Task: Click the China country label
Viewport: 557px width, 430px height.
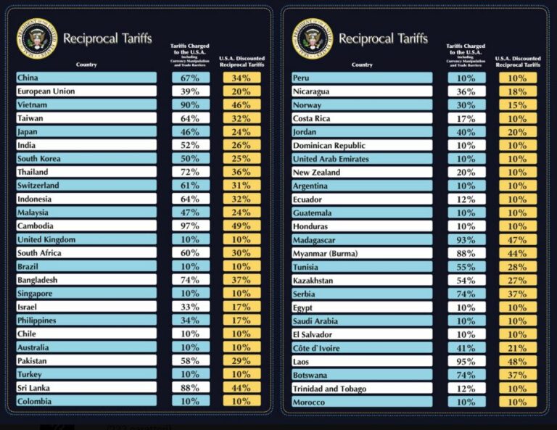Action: click(28, 78)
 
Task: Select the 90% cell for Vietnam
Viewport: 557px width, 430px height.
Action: click(191, 105)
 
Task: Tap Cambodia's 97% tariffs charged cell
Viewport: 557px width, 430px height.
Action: click(191, 226)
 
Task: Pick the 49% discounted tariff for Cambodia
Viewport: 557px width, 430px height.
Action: click(242, 226)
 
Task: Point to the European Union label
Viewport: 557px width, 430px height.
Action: click(46, 91)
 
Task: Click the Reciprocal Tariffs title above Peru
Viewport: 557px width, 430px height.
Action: click(383, 38)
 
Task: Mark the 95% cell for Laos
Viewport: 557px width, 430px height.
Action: click(466, 361)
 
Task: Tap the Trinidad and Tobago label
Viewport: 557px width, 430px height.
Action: click(329, 389)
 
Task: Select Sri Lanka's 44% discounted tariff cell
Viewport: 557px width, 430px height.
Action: click(242, 388)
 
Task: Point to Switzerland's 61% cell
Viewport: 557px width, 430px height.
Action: click(191, 186)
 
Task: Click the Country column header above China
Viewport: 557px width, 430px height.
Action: click(86, 65)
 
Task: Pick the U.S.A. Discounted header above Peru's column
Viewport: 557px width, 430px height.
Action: click(518, 62)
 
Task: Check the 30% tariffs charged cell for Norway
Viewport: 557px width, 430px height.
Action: click(466, 105)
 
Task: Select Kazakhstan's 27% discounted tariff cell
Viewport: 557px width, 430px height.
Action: click(518, 281)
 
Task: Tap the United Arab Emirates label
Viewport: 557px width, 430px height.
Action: click(330, 159)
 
